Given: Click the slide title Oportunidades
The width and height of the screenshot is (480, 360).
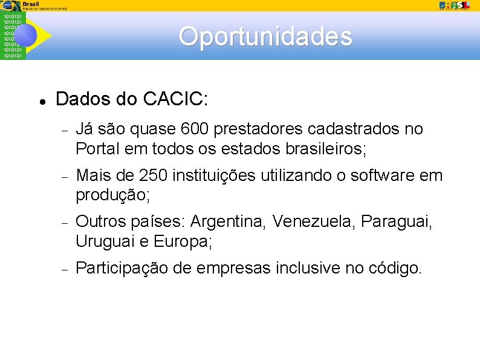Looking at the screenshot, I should click(265, 36).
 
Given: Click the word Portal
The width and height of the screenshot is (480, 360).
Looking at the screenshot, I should click(94, 148).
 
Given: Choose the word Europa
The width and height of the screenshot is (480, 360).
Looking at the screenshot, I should click(183, 241).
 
